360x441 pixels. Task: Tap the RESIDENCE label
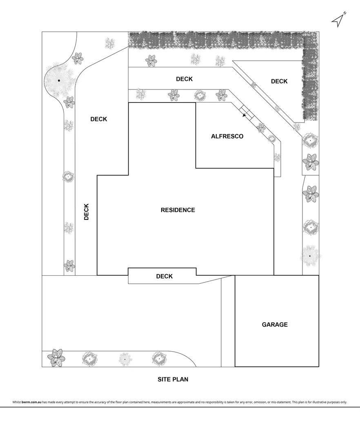pyautogui.click(x=178, y=210)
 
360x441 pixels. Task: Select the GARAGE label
pyautogui.click(x=275, y=325)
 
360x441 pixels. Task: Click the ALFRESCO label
pyautogui.click(x=227, y=136)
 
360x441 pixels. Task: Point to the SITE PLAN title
pyautogui.click(x=173, y=379)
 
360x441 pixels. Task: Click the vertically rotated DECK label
pyautogui.click(x=86, y=212)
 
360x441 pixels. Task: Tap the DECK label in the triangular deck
pyautogui.click(x=279, y=81)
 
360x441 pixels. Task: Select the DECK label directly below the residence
pyautogui.click(x=164, y=276)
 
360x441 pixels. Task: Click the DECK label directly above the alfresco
pyautogui.click(x=184, y=79)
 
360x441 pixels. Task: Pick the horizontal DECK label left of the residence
pyautogui.click(x=98, y=119)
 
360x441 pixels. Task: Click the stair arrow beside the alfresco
pyautogui.click(x=245, y=115)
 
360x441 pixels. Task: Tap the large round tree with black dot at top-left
pyautogui.click(x=59, y=80)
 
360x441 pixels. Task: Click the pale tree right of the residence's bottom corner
pyautogui.click(x=310, y=256)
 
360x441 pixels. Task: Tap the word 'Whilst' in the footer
pyautogui.click(x=17, y=402)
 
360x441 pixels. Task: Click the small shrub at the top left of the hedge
pyautogui.click(x=110, y=43)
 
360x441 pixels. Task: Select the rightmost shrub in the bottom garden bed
pyautogui.click(x=159, y=359)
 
